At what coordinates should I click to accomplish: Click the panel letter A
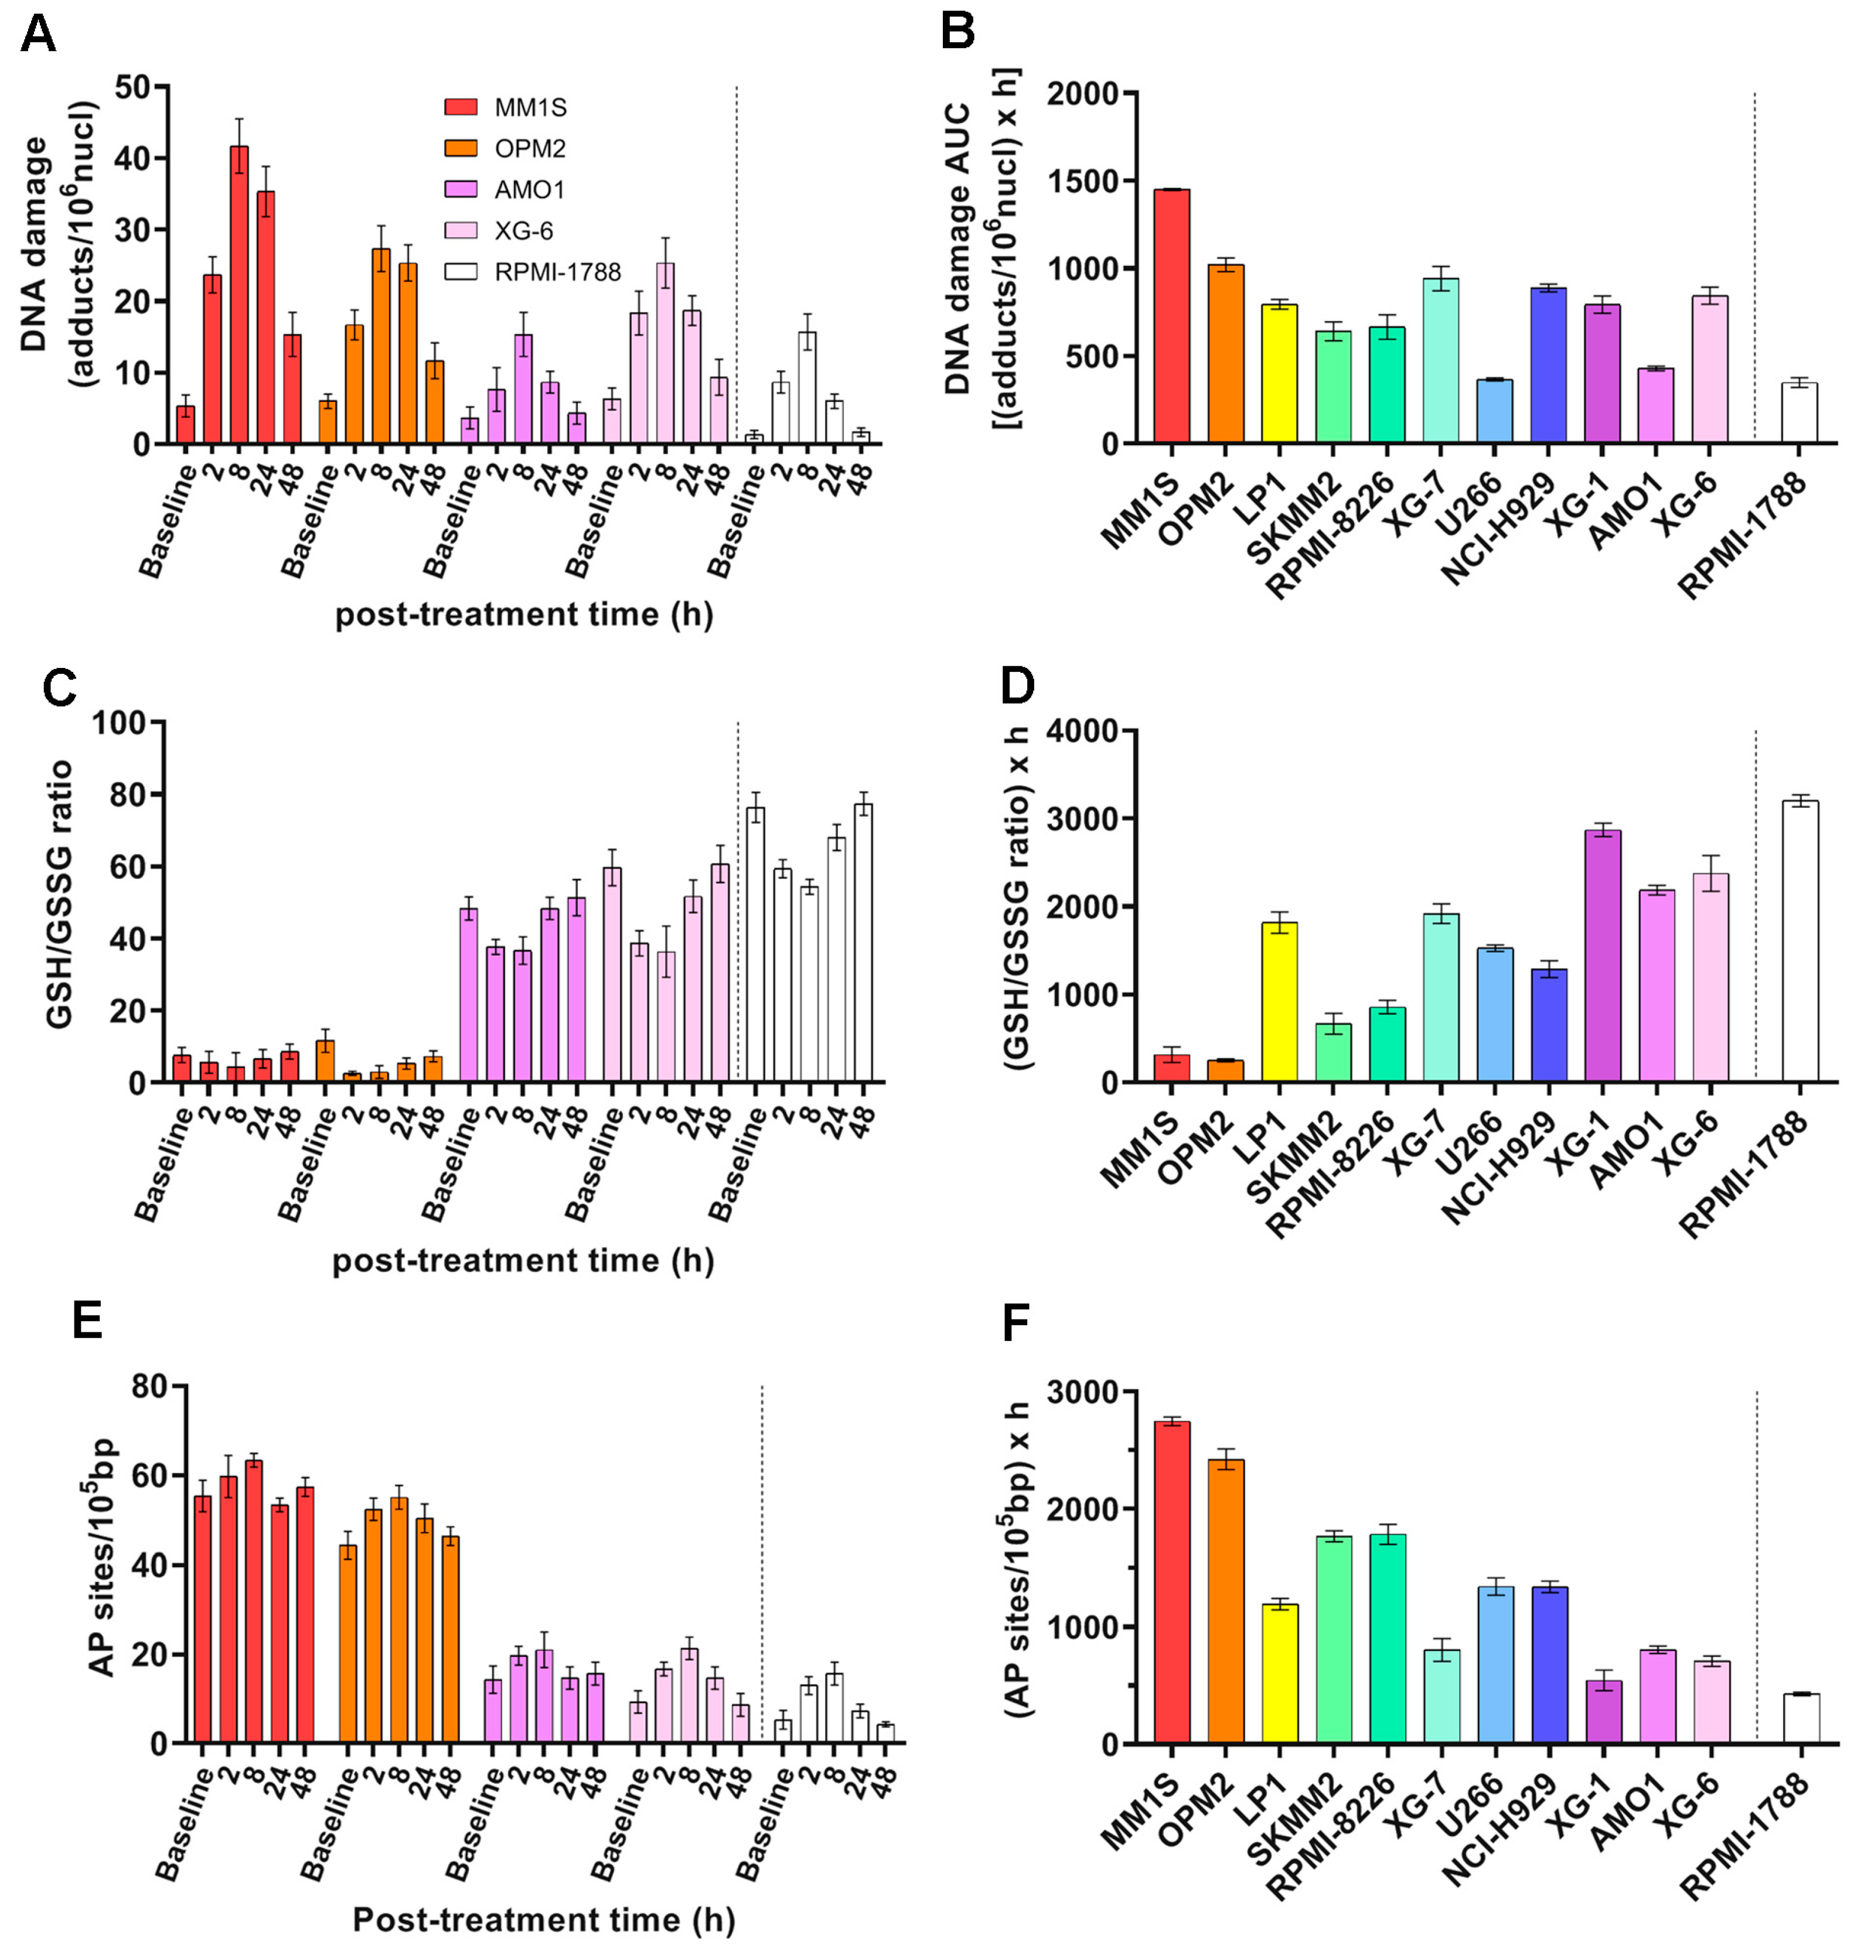click(x=38, y=33)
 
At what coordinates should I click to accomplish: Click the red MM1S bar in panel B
click(x=1171, y=316)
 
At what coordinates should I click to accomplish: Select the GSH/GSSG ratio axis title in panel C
click(x=62, y=895)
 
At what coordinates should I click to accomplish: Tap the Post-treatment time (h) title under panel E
click(x=544, y=1919)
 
